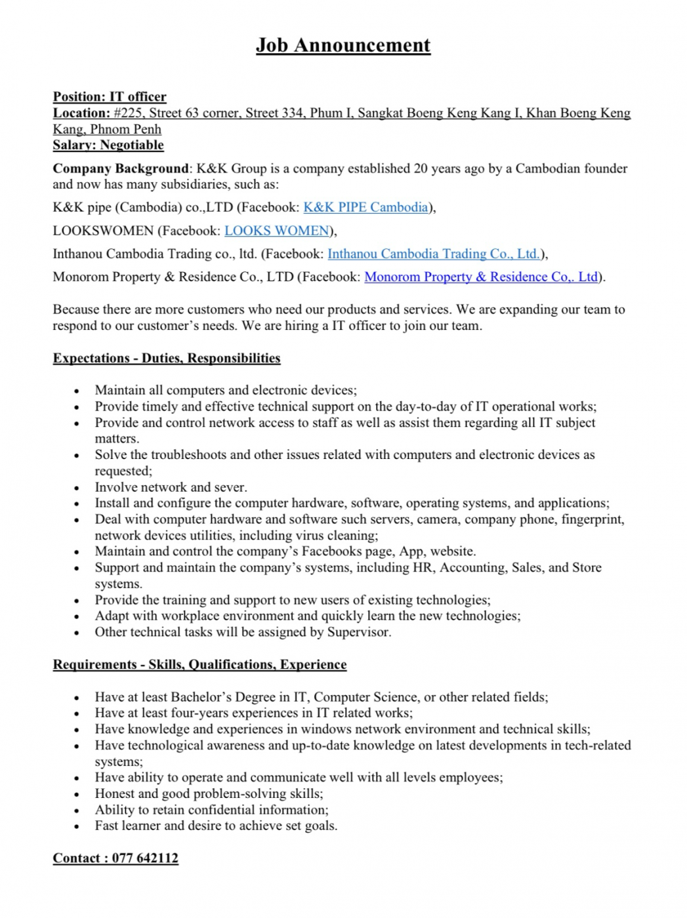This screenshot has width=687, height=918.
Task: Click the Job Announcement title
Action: (343, 45)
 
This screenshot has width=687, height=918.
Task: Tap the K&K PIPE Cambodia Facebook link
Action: (365, 208)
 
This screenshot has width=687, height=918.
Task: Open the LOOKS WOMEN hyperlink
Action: (276, 231)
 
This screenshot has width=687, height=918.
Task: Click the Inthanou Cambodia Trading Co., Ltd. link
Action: (434, 254)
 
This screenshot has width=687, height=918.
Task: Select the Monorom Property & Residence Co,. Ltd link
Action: (481, 277)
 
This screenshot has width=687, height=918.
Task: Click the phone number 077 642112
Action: (145, 858)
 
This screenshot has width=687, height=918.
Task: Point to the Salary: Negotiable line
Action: (108, 145)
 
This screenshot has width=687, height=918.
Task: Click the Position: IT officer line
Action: (110, 97)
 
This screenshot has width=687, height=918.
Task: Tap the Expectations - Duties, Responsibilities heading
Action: (167, 358)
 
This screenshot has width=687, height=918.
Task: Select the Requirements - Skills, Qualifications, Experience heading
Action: (199, 665)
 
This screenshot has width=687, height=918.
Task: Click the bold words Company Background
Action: (121, 169)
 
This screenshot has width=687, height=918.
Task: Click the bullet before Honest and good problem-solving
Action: (77, 795)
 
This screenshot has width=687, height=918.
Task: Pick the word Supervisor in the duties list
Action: (359, 633)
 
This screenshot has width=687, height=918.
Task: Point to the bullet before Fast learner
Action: (77, 827)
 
